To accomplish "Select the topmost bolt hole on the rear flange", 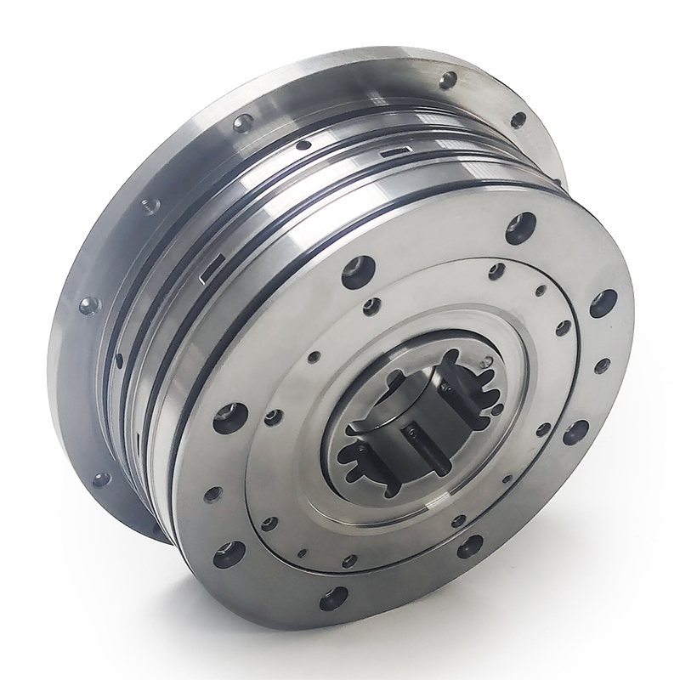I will (x=445, y=81).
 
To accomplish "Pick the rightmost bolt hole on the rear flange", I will (x=517, y=118).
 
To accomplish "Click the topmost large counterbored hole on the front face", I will (x=519, y=228).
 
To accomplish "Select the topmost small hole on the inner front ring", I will (x=495, y=272).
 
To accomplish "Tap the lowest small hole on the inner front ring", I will (x=347, y=561).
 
